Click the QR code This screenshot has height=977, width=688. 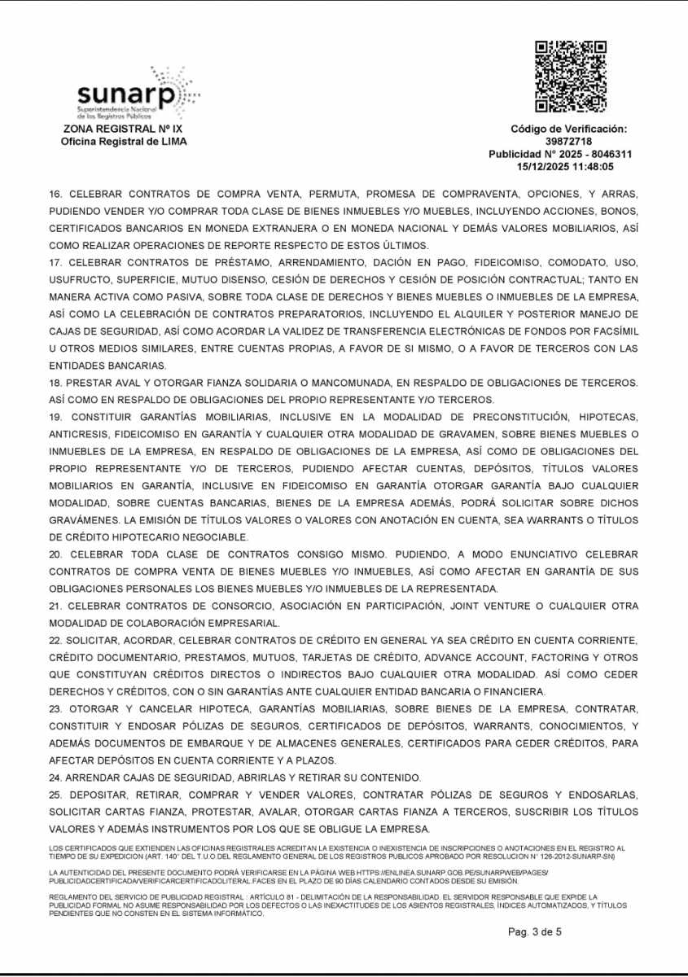571,76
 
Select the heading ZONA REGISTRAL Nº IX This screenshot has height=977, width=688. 124,129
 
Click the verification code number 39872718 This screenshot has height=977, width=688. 569,142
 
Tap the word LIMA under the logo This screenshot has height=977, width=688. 172,142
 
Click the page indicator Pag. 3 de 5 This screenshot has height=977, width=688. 535,932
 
